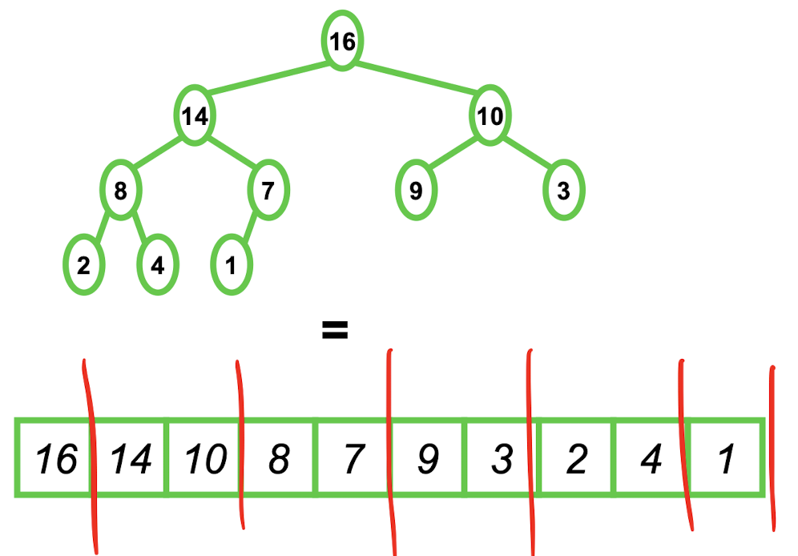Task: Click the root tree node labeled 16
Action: (343, 41)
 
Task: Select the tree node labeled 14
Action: (194, 117)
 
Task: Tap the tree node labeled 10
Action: (490, 117)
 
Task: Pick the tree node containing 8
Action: (120, 191)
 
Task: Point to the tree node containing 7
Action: (268, 191)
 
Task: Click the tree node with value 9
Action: (417, 191)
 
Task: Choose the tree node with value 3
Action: (564, 191)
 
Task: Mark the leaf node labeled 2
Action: (83, 266)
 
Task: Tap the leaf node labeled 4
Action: (158, 266)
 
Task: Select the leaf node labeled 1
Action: (232, 266)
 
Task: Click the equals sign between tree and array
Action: (334, 329)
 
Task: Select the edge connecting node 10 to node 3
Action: (527, 155)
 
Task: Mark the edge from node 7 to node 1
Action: (249, 229)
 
